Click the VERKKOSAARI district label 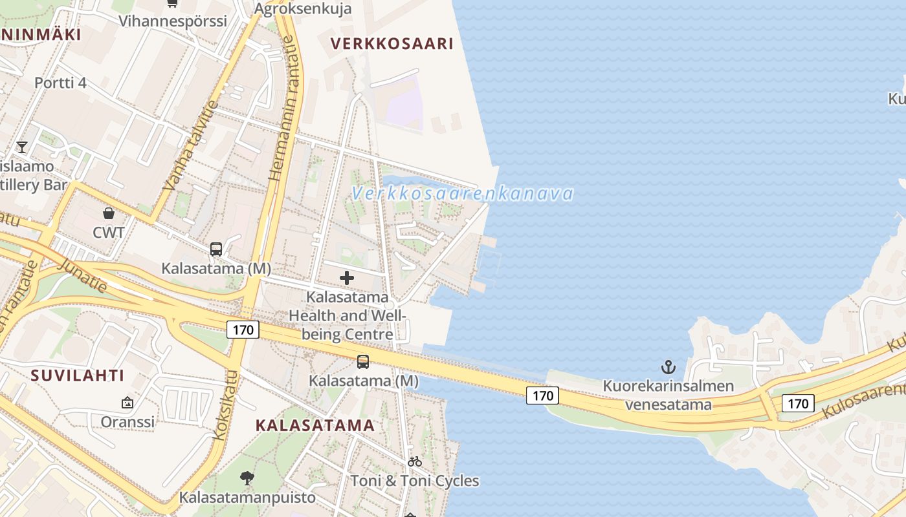[392, 44]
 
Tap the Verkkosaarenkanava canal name [463, 193]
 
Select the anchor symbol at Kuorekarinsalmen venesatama [668, 368]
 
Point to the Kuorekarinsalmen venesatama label [668, 396]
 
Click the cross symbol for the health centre [347, 279]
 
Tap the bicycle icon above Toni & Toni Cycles [415, 461]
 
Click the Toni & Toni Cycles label [415, 481]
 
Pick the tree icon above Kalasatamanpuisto [247, 478]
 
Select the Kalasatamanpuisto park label [247, 498]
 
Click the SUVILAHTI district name [77, 375]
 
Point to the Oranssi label [127, 422]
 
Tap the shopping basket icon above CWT [109, 213]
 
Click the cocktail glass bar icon [22, 147]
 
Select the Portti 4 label [60, 83]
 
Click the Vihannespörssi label [173, 21]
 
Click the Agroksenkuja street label [303, 8]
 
